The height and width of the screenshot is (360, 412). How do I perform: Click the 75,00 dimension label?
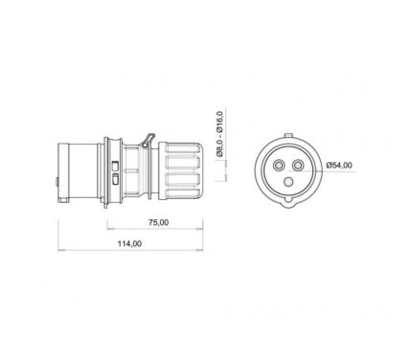pos(159,222)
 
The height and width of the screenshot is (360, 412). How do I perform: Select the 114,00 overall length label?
pos(129,243)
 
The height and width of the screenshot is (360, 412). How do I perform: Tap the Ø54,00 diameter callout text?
pos(339,165)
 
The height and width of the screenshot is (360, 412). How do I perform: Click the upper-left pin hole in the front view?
pos(279,165)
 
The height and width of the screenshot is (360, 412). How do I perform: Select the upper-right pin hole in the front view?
pos(298,165)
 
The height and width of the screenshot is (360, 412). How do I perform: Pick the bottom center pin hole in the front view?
pos(288,182)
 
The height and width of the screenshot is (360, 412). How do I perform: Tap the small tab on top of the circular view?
pos(288,135)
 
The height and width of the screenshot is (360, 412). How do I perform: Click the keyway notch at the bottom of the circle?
pos(288,202)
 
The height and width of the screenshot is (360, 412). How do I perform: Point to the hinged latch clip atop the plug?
pos(148,141)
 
